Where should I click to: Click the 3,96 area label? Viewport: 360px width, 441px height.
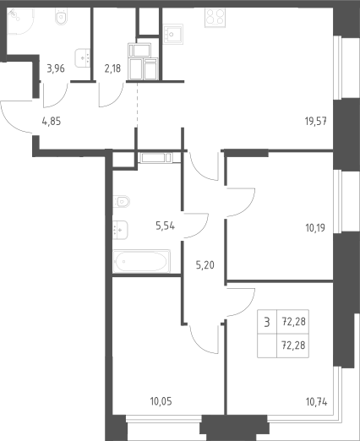[56, 68]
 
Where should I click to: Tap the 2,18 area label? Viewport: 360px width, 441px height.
[112, 68]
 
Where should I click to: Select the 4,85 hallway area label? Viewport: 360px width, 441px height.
[52, 122]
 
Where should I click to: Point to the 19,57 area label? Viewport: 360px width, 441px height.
[316, 122]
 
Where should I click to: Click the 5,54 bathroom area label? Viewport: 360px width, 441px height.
[166, 226]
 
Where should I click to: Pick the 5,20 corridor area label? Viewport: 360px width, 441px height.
[205, 265]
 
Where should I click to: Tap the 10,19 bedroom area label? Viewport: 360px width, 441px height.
[315, 227]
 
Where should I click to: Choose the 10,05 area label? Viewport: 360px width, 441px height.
[161, 401]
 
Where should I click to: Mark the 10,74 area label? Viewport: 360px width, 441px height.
[317, 402]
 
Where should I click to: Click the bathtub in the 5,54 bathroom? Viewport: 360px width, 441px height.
[142, 261]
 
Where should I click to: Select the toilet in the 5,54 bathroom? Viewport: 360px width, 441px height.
[122, 201]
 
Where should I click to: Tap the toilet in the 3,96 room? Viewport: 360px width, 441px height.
[61, 16]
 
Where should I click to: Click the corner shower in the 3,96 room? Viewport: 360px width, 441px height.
[20, 21]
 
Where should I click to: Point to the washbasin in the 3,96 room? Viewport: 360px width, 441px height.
[83, 58]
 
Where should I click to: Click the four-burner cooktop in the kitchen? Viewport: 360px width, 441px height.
[215, 18]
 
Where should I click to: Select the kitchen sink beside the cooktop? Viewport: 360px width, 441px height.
[173, 34]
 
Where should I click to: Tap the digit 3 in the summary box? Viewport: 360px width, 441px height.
[267, 322]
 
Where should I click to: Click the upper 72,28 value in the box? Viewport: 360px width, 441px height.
[294, 321]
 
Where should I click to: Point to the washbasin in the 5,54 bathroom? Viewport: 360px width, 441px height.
[121, 230]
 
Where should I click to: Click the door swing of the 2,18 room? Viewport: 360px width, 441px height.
[112, 95]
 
